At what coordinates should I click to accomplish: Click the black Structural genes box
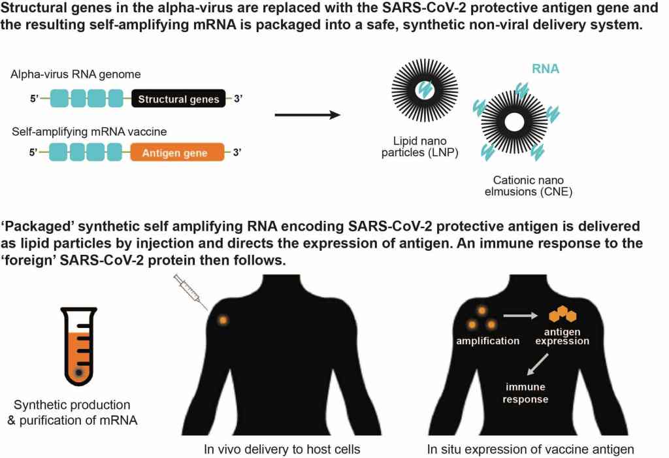[179, 99]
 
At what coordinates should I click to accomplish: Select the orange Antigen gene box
[177, 154]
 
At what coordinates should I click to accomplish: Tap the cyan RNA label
[545, 69]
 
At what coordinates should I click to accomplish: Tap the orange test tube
[80, 346]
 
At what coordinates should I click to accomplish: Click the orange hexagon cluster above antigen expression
[563, 316]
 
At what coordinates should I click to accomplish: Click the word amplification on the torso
[489, 341]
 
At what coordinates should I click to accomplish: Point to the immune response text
[525, 393]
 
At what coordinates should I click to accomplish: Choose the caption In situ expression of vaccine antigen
[530, 449]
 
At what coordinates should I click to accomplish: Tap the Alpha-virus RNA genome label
[75, 75]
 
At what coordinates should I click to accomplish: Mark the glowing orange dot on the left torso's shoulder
[223, 320]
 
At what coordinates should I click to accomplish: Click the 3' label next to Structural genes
[238, 99]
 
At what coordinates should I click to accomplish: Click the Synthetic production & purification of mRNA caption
[73, 412]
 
